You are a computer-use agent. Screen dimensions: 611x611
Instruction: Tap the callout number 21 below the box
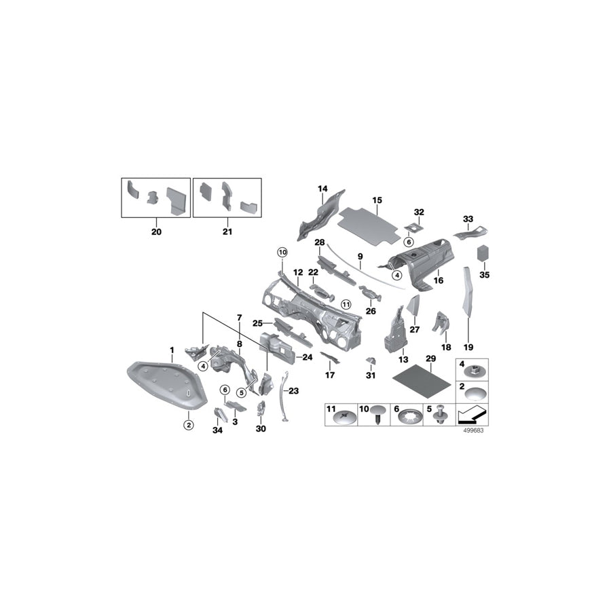227,232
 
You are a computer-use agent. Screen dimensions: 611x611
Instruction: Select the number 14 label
322,188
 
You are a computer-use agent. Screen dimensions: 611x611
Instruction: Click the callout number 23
293,390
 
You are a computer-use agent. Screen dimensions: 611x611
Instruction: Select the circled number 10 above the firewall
282,253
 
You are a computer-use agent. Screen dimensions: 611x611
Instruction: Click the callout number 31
370,375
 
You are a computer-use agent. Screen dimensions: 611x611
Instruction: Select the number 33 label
468,219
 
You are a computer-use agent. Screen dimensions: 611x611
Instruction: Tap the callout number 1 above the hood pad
172,350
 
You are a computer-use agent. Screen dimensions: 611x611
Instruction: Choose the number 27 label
415,329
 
